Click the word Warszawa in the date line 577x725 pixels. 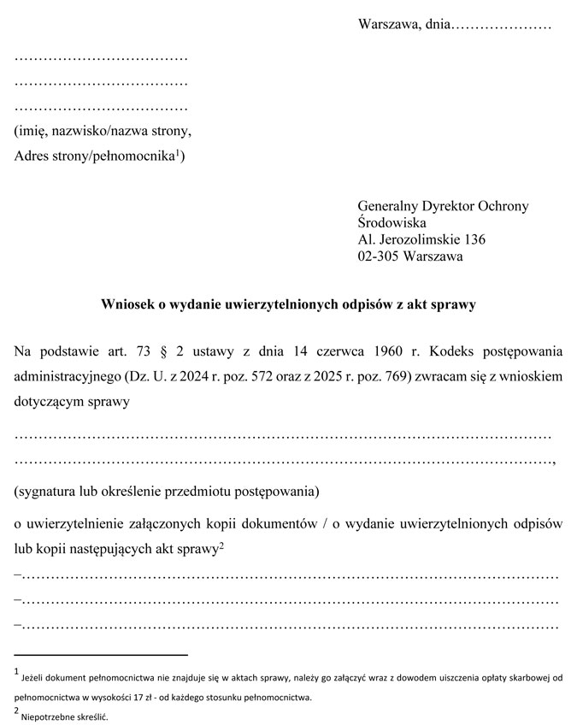click(x=389, y=24)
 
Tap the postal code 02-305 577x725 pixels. click(x=376, y=256)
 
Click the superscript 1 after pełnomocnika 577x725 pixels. click(x=178, y=153)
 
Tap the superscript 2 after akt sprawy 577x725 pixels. click(x=221, y=544)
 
